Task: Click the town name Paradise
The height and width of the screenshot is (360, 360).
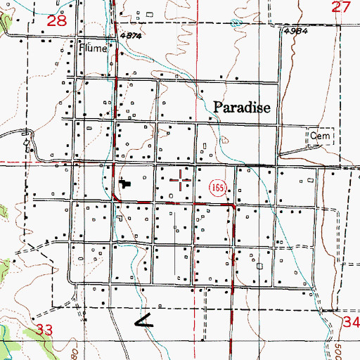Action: (x=242, y=107)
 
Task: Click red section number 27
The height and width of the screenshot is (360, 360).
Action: (x=341, y=6)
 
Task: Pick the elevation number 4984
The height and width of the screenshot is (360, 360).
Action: (x=297, y=32)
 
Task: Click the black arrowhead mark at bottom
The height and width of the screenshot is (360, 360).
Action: (x=143, y=322)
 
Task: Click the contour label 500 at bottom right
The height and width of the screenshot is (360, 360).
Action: (x=352, y=347)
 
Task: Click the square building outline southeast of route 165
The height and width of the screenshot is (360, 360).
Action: (x=259, y=266)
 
